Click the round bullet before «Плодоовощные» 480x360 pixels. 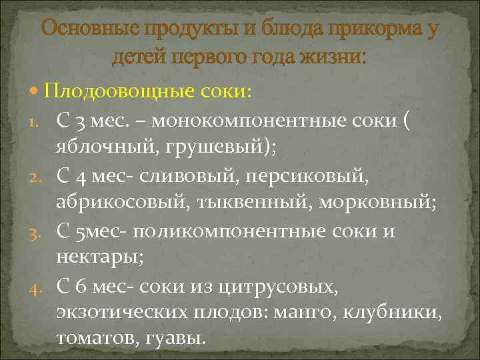(35, 91)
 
